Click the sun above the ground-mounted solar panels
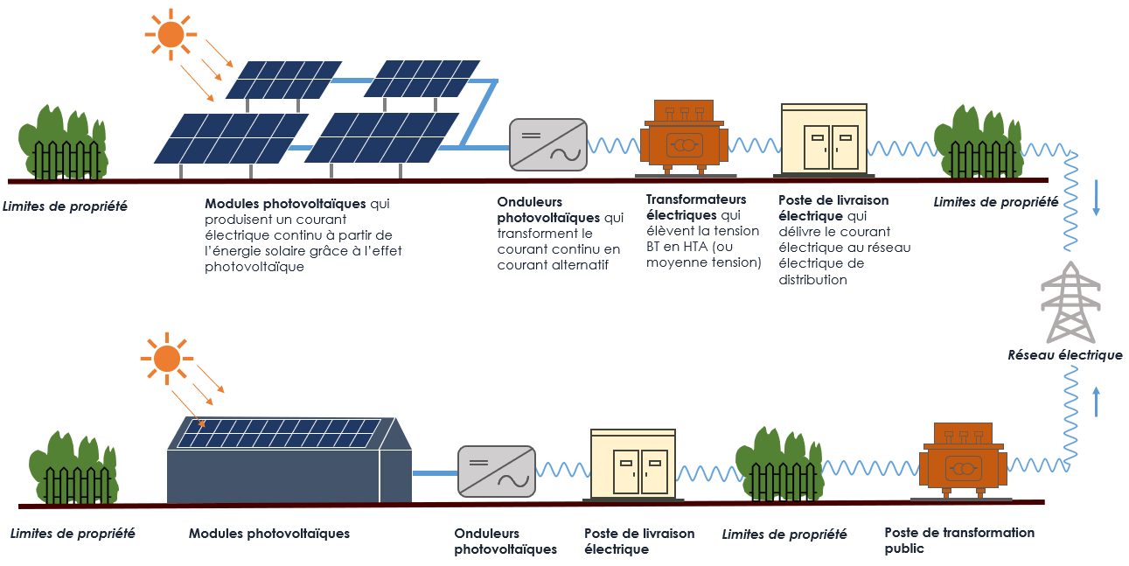click(171, 34)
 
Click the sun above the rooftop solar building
click(166, 359)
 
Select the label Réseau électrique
click(1064, 355)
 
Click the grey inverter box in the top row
click(547, 144)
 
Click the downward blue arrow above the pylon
click(1097, 205)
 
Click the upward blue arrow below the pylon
click(1096, 402)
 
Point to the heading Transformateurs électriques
click(696, 206)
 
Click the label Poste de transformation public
click(946, 541)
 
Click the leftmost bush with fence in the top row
click(64, 144)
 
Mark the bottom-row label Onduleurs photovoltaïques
click(505, 542)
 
